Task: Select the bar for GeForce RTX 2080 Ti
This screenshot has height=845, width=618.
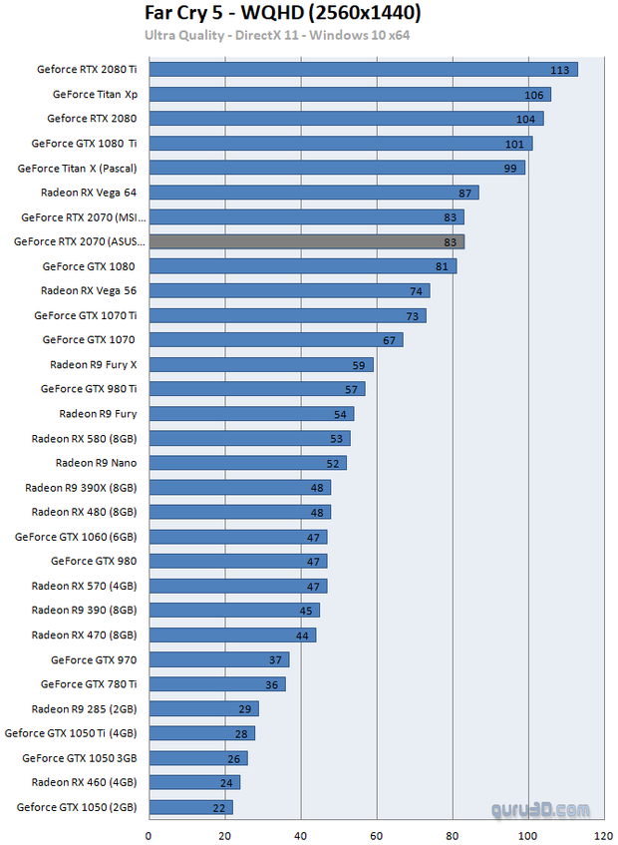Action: click(363, 69)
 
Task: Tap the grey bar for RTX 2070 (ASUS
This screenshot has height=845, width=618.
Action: click(306, 241)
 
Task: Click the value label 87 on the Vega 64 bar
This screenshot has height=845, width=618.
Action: click(464, 193)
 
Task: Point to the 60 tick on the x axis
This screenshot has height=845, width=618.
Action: click(377, 834)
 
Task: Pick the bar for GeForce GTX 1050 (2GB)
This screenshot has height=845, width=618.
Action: click(190, 807)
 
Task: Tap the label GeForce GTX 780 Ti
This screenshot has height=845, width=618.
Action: click(89, 684)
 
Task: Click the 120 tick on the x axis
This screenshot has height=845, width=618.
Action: click(603, 834)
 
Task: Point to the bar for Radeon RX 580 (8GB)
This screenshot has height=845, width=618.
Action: click(249, 438)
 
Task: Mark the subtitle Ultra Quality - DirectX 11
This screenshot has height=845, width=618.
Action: click(277, 36)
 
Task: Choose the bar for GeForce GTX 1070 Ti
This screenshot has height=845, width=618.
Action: click(287, 315)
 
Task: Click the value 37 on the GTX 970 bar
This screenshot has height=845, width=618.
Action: click(275, 659)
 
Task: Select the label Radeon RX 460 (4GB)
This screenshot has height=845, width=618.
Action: click(84, 782)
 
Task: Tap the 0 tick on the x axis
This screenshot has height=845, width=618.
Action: click(150, 834)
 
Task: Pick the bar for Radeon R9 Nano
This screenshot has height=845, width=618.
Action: click(247, 463)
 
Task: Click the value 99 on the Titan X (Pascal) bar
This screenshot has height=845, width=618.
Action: click(510, 168)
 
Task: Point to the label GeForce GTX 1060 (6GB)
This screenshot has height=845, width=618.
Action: click(76, 537)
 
